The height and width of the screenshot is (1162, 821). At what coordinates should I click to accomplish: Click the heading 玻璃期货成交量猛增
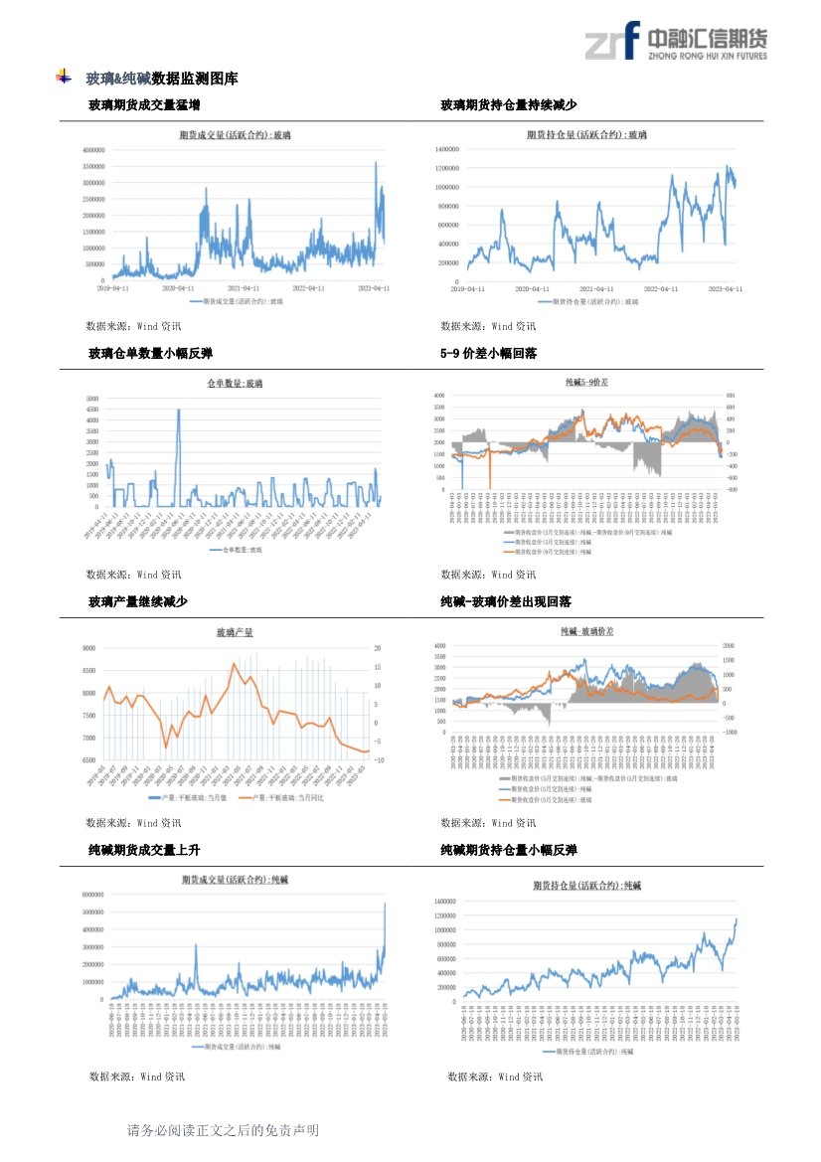(x=144, y=105)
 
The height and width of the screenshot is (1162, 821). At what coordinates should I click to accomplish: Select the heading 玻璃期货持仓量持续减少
(x=509, y=105)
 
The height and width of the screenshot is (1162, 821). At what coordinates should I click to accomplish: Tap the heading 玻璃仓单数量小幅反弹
(x=150, y=354)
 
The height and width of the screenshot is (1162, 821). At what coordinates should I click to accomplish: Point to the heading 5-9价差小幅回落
(x=489, y=354)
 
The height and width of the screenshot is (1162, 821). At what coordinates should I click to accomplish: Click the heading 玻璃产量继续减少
(x=137, y=602)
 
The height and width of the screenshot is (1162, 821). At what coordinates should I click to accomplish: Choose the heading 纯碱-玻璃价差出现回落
(x=506, y=602)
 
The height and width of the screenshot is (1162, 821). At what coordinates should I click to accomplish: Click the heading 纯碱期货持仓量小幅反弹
(x=509, y=851)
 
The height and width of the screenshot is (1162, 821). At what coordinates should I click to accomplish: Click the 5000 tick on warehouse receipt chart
(x=92, y=399)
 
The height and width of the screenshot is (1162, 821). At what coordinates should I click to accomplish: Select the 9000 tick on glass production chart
(x=88, y=648)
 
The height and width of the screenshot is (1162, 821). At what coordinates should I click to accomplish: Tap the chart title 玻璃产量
(x=235, y=632)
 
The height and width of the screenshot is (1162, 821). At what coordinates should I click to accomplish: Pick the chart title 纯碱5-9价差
(x=587, y=382)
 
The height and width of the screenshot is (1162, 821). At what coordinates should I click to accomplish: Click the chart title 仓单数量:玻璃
(x=235, y=383)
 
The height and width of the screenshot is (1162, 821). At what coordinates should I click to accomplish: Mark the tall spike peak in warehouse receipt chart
(x=179, y=410)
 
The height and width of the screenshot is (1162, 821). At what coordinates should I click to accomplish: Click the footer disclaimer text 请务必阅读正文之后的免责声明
(x=224, y=1131)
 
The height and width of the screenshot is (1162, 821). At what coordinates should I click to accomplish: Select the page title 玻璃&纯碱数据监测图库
(x=162, y=79)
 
